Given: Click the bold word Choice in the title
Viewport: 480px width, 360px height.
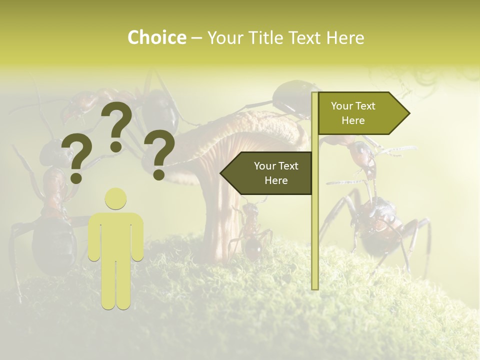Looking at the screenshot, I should pos(156,37).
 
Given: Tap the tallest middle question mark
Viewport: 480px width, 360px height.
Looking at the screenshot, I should pos(117,120).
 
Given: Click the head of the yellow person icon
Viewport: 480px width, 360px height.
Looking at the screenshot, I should pos(115,198).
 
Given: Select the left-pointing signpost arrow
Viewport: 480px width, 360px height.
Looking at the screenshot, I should pos(267,173).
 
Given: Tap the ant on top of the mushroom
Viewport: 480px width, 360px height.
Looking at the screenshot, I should pos(290,100).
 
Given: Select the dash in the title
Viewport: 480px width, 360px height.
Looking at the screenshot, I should pos(196,38).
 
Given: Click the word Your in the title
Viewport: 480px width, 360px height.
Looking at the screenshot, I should pos(222,37).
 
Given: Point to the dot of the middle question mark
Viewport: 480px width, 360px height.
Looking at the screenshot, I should pos(116,146).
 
